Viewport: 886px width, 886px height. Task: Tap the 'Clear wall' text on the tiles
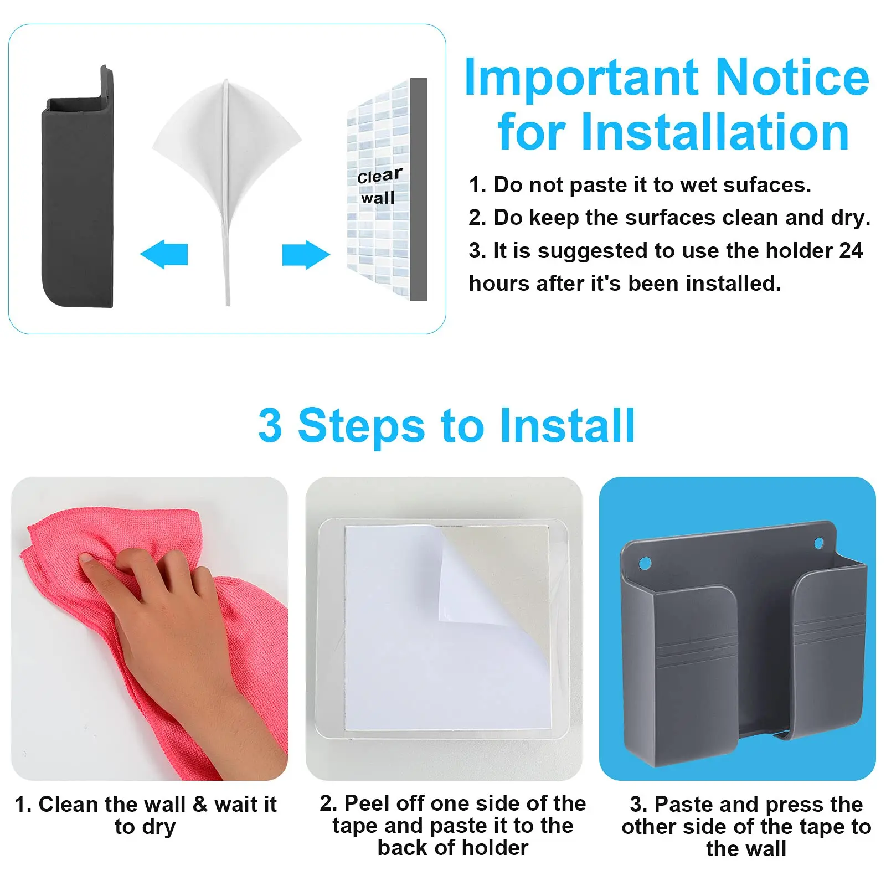click(x=379, y=187)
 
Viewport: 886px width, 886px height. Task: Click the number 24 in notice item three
click(x=851, y=251)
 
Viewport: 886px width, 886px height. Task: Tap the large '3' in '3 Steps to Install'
click(x=270, y=425)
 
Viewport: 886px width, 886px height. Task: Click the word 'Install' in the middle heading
click(x=567, y=425)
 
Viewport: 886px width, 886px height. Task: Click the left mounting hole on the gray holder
click(x=645, y=564)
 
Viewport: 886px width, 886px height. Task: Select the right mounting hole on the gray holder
click(x=819, y=543)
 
